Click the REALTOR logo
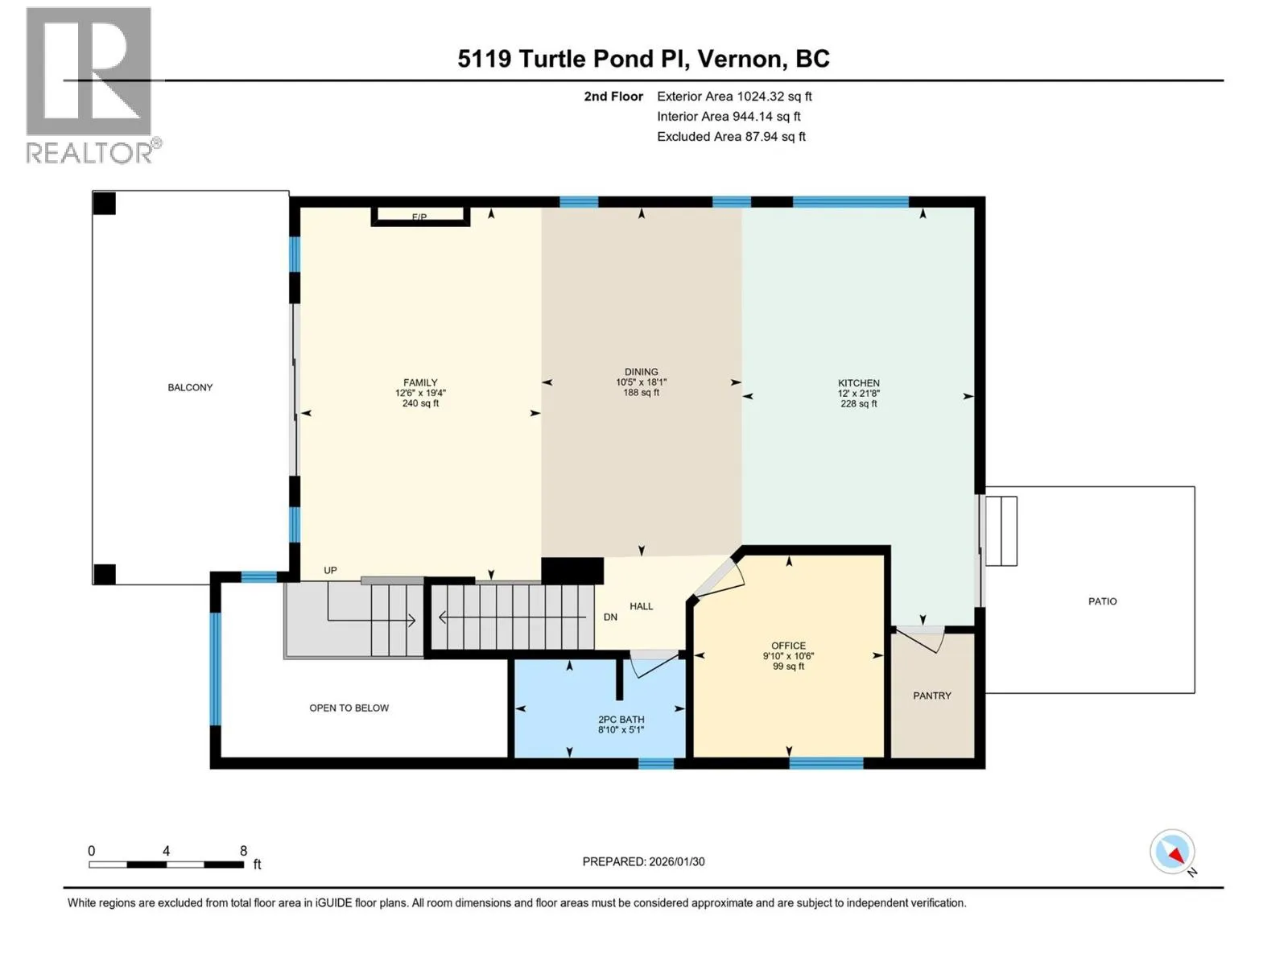(93, 85)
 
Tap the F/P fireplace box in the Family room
(420, 217)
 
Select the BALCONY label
(190, 388)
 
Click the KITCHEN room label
(858, 383)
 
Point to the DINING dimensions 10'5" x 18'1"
(642, 382)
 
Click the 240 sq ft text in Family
(420, 403)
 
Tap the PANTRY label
(932, 696)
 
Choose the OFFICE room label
(789, 646)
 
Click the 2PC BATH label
(621, 720)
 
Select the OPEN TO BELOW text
(349, 708)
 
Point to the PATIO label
(1103, 601)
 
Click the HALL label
(642, 606)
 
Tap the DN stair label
(610, 617)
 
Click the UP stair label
(330, 570)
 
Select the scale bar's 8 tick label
(244, 850)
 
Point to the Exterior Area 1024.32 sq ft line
(734, 96)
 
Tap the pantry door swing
(921, 638)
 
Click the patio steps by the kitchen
(1001, 530)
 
